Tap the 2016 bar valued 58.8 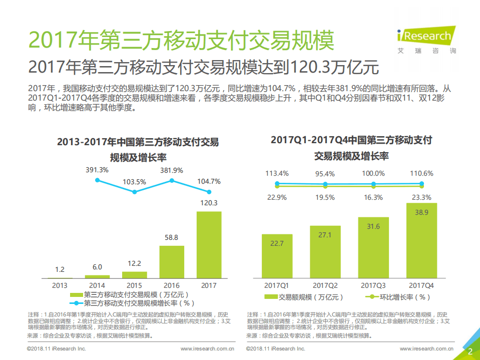(x=172, y=261)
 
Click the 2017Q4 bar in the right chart (x=421, y=240)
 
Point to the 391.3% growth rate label (x=97, y=170)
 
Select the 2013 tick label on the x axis (x=60, y=285)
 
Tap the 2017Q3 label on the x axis (x=373, y=285)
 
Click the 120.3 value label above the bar (x=209, y=203)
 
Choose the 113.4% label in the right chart (x=277, y=173)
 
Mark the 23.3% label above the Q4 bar (x=421, y=197)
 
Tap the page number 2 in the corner (x=470, y=351)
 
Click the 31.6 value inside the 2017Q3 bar (x=373, y=226)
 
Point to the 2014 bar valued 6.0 (x=98, y=276)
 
